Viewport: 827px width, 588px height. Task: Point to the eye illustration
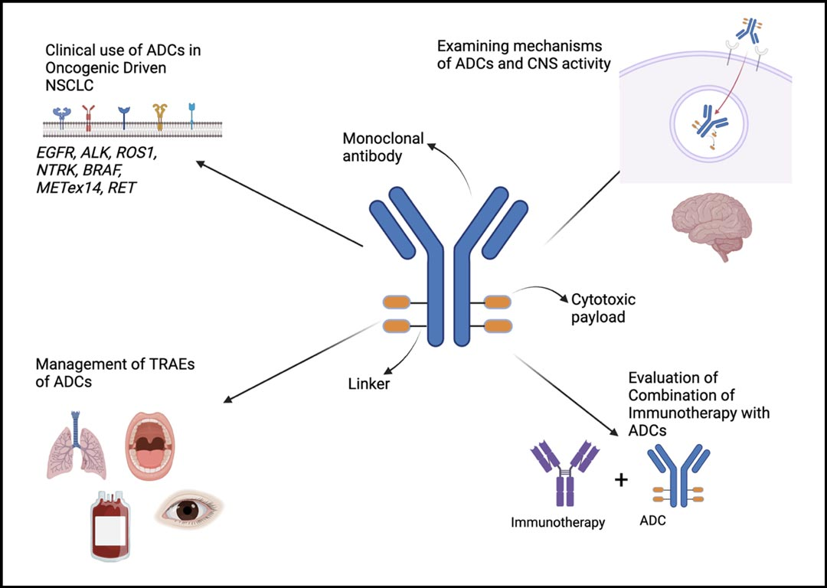(187, 509)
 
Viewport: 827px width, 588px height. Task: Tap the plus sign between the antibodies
(621, 480)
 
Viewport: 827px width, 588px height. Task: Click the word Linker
(369, 384)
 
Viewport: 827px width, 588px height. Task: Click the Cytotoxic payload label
(603, 308)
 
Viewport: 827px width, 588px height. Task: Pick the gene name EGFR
(64, 153)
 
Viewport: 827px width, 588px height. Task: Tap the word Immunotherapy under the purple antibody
(558, 523)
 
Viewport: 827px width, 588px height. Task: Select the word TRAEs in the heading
(152, 364)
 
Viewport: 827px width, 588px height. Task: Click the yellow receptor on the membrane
(160, 116)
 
